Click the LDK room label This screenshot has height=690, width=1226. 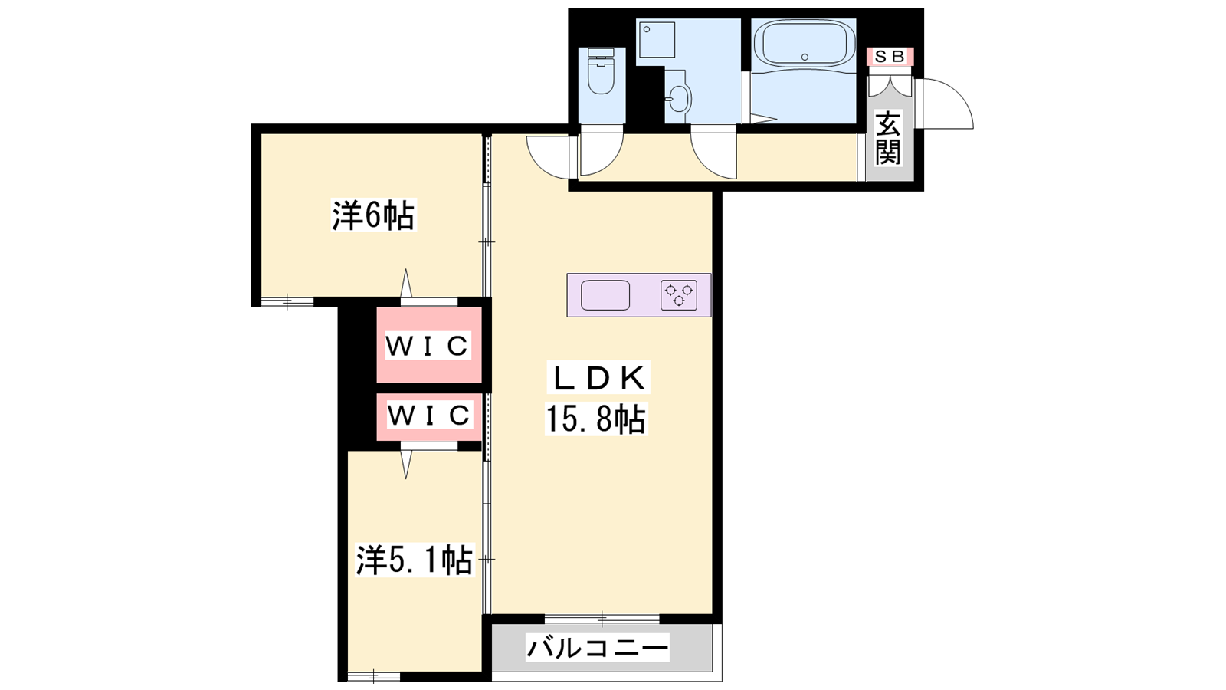(598, 378)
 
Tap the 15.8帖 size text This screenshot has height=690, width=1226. (595, 419)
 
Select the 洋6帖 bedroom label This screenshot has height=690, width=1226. (373, 215)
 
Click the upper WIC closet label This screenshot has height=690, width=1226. (427, 346)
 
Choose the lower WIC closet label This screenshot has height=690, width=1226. (428, 415)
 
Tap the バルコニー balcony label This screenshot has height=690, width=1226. (597, 648)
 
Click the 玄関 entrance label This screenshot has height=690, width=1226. (888, 138)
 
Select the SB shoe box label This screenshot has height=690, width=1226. (890, 57)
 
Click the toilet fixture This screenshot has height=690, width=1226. (601, 71)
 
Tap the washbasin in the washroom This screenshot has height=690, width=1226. (679, 100)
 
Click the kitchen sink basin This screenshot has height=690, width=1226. (605, 295)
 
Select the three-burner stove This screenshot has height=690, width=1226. (679, 295)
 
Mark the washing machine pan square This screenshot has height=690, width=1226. (656, 39)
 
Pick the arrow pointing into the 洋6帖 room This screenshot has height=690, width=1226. (405, 283)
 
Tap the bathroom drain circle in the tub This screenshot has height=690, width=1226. (805, 57)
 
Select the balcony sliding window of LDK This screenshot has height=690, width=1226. (602, 619)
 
